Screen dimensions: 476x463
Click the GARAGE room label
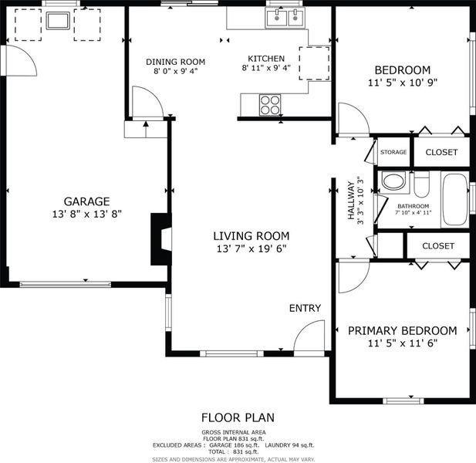click(86, 201)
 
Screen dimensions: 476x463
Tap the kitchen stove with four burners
click(270, 105)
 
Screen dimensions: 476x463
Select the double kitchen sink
click(285, 18)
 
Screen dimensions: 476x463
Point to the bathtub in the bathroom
click(454, 199)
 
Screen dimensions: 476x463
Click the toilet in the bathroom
click(421, 184)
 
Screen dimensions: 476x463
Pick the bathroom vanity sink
click(393, 182)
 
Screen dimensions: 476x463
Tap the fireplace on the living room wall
click(161, 239)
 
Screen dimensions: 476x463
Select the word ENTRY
click(305, 308)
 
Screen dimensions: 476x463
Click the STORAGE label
click(393, 152)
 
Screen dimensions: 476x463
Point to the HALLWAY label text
click(351, 201)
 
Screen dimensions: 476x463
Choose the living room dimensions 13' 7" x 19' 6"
click(252, 249)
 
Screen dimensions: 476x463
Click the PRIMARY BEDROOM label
click(402, 330)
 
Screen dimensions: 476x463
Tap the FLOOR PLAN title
click(238, 417)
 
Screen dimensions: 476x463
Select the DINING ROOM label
click(175, 62)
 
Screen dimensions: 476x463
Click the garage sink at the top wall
click(58, 21)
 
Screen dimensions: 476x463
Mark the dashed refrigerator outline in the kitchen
click(315, 63)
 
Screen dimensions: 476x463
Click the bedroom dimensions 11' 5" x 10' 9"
click(403, 83)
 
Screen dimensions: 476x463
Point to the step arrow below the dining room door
click(146, 129)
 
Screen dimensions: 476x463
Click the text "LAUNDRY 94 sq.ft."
click(289, 445)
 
